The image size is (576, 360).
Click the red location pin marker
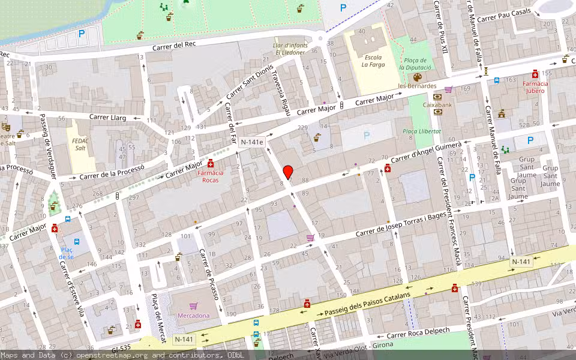[x=288, y=172]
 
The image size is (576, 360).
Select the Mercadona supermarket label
[x=194, y=315]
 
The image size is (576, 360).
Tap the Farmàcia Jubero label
[x=534, y=86]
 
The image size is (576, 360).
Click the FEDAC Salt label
[x=80, y=144]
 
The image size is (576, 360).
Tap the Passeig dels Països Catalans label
[x=367, y=305]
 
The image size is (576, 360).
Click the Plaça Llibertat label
[x=422, y=131]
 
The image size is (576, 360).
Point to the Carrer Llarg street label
[x=107, y=118]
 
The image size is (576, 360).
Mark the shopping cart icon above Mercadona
[x=193, y=305]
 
